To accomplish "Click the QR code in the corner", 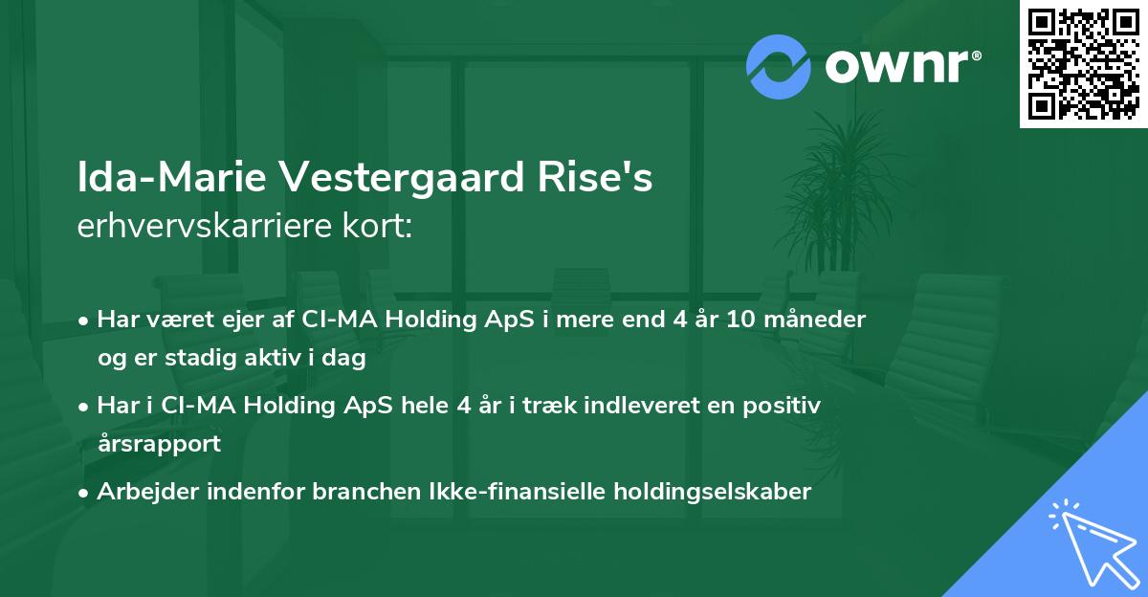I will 1083,63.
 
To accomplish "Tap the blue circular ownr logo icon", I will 779,67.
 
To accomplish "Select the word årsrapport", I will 159,443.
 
